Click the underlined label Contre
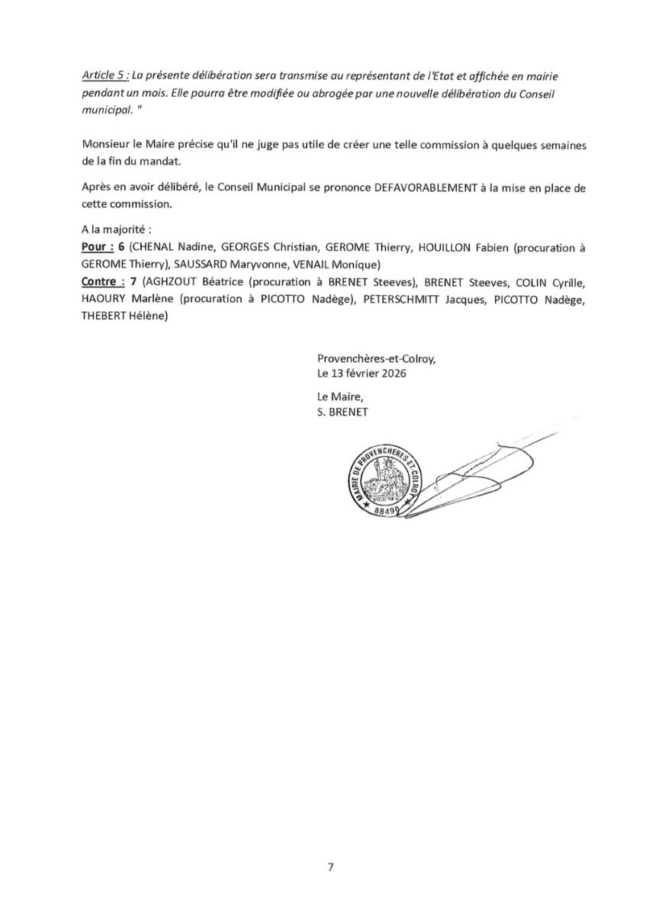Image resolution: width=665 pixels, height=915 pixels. (102, 281)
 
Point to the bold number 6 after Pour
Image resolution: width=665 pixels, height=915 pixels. (120, 248)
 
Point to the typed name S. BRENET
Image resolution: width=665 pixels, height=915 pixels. (342, 413)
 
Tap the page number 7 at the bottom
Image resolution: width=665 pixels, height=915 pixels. (331, 867)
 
